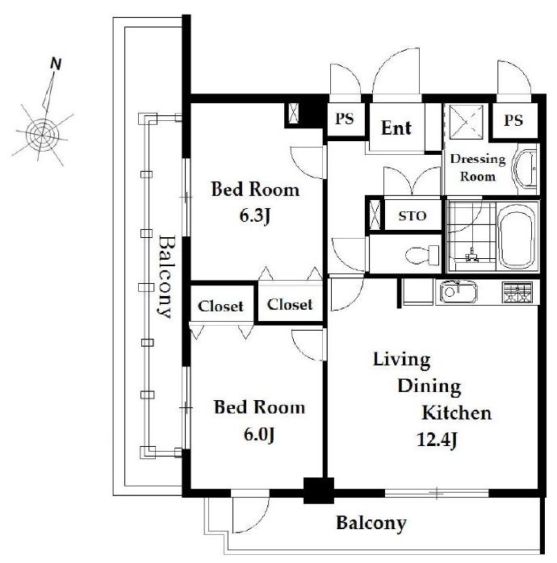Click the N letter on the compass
pos(56,64)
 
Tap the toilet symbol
pos(422,255)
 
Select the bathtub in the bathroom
pos(517,237)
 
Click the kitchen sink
pos(459,291)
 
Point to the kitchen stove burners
pos(517,292)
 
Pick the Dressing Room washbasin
pos(526,169)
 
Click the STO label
pos(413,216)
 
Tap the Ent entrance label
pos(396,128)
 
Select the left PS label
pos(344,119)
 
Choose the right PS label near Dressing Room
pos(513,120)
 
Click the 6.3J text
pos(254,216)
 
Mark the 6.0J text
pos(259,435)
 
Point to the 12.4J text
pos(437,440)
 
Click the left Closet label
pos(220,307)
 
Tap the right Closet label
pos(290,305)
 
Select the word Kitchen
pos(456,413)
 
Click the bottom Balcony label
pos(371,523)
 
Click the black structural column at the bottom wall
pos(319,490)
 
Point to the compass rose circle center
pos(43,135)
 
